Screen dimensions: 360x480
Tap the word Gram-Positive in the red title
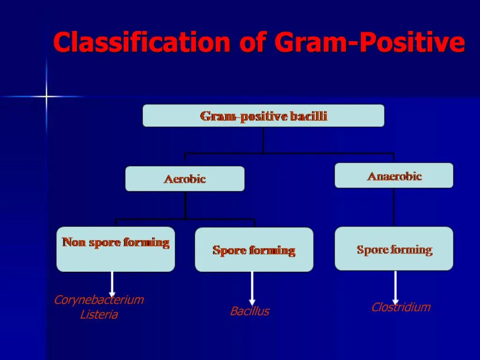pos(370,43)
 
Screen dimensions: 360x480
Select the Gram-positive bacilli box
pos(263,116)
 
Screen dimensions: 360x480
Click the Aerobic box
pos(185,179)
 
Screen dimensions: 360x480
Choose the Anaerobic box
pos(394,176)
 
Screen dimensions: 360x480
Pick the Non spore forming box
pos(115,249)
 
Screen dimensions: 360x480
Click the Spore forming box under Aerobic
pos(254,250)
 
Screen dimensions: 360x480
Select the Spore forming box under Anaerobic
pos(394,249)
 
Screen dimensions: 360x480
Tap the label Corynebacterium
pos(99,300)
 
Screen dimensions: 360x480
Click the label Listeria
pos(99,315)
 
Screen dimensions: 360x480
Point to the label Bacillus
pos(249,312)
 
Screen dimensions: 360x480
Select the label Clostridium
pos(401,307)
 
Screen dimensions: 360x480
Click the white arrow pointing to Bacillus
pos(252,287)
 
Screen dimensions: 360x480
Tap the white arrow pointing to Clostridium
pos(395,286)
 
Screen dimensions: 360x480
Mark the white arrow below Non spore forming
pos(112,284)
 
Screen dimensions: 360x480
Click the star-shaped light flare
pos(46,97)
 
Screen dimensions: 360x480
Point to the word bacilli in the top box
pos(308,116)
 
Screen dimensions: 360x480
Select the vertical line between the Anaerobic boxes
pos(394,207)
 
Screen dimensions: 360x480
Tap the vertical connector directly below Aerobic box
pos(185,204)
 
